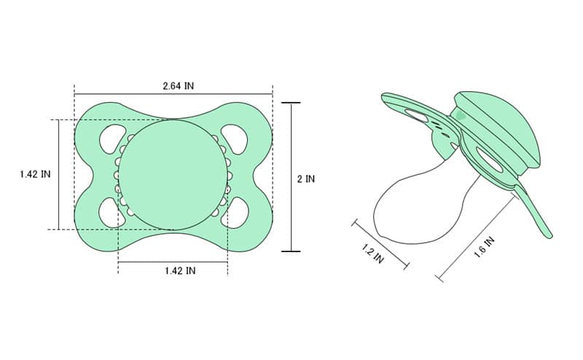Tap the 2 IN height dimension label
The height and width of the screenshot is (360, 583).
click(306, 179)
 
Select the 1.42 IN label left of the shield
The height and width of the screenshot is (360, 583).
click(35, 174)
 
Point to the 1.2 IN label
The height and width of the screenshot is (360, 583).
click(372, 254)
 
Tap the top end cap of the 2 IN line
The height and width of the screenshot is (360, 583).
click(291, 103)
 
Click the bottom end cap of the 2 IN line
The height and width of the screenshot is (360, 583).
click(291, 251)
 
